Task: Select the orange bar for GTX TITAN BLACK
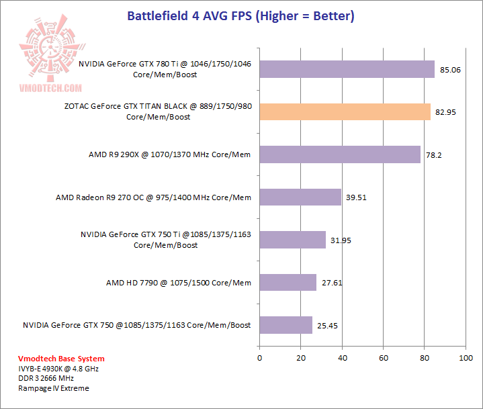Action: coord(345,111)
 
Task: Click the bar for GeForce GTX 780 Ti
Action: coord(347,69)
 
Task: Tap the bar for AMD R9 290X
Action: coord(339,154)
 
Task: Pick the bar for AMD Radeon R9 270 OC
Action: coord(300,197)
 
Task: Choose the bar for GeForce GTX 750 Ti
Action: coord(292,240)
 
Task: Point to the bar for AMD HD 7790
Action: coord(288,283)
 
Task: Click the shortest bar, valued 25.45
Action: coord(286,325)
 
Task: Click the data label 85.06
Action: coord(450,70)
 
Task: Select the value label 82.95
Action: coord(445,112)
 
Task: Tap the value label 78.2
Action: coord(435,155)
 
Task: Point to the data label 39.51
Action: coord(357,198)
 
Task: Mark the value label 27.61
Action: coord(332,283)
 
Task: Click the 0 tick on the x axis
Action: coord(259,358)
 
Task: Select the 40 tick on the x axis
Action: coord(342,358)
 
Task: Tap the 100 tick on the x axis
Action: coord(466,358)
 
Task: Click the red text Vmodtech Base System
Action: coord(52,359)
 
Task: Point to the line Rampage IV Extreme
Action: coord(53,388)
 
